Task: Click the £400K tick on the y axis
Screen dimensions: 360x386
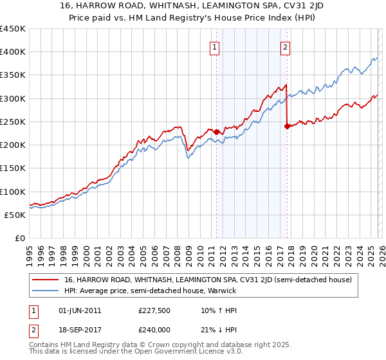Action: pyautogui.click(x=12, y=52)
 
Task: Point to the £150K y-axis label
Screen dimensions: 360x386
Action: pyautogui.click(x=12, y=168)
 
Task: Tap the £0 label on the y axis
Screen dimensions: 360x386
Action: pyautogui.click(x=19, y=239)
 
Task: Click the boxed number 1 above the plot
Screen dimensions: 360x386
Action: pyautogui.click(x=214, y=46)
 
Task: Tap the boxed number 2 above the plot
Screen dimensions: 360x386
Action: pyautogui.click(x=285, y=46)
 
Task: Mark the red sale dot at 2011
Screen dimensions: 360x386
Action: pyautogui.click(x=216, y=132)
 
